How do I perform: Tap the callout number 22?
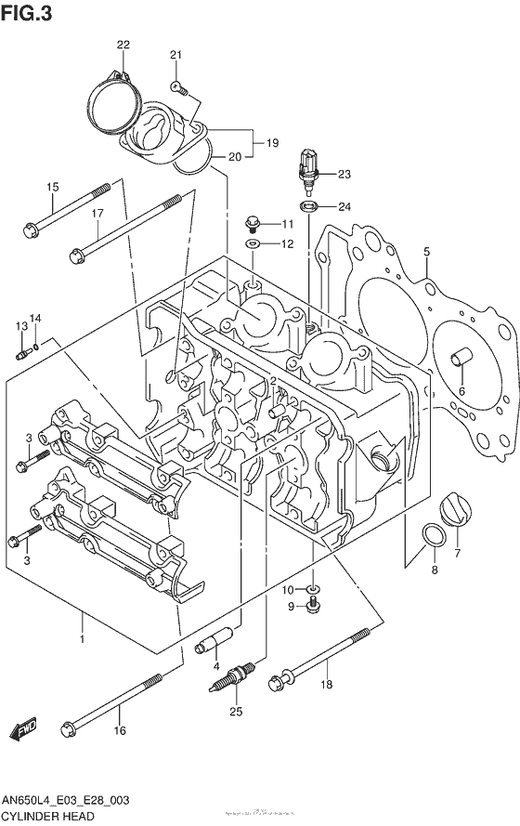(x=123, y=45)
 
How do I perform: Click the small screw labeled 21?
(x=179, y=88)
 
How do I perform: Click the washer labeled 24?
(x=307, y=205)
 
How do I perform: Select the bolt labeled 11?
(x=252, y=223)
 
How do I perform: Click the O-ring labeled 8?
(x=432, y=538)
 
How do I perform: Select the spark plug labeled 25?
(x=235, y=678)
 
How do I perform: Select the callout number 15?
(x=53, y=188)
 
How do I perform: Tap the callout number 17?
(x=96, y=214)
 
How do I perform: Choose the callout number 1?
(x=83, y=639)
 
